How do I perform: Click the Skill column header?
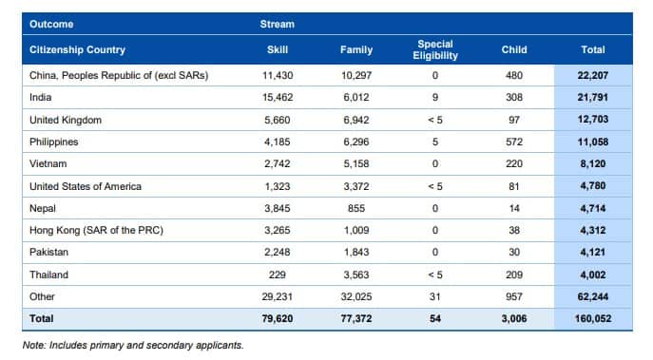[x=278, y=49]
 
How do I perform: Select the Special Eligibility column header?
[x=436, y=49]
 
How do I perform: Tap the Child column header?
[x=514, y=49]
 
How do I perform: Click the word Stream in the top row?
[x=278, y=24]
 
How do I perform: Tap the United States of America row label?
[x=86, y=186]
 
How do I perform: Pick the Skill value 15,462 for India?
[x=278, y=98]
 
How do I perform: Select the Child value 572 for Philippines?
[x=514, y=142]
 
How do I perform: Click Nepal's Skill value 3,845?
[x=278, y=208]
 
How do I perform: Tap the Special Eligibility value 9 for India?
[x=436, y=98]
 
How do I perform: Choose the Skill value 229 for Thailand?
[x=278, y=275]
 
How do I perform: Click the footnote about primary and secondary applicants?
[x=133, y=345]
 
